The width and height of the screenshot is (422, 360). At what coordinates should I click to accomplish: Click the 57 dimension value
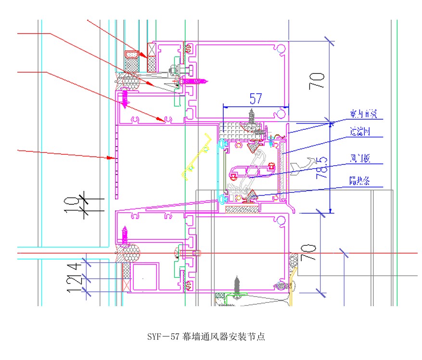[x=256, y=99]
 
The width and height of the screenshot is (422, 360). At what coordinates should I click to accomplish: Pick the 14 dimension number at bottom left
[x=72, y=267]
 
